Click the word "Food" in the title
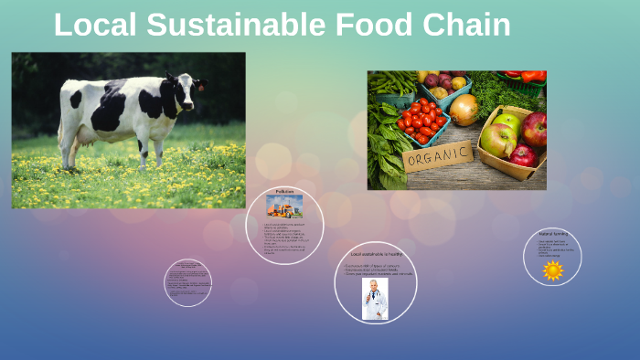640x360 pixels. point(372,25)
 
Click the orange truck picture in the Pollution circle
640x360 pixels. point(284,206)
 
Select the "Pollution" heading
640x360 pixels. point(284,191)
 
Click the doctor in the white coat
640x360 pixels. point(375,298)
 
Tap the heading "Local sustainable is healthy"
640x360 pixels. point(376,254)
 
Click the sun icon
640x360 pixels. point(552,270)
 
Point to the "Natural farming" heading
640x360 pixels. point(552,234)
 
